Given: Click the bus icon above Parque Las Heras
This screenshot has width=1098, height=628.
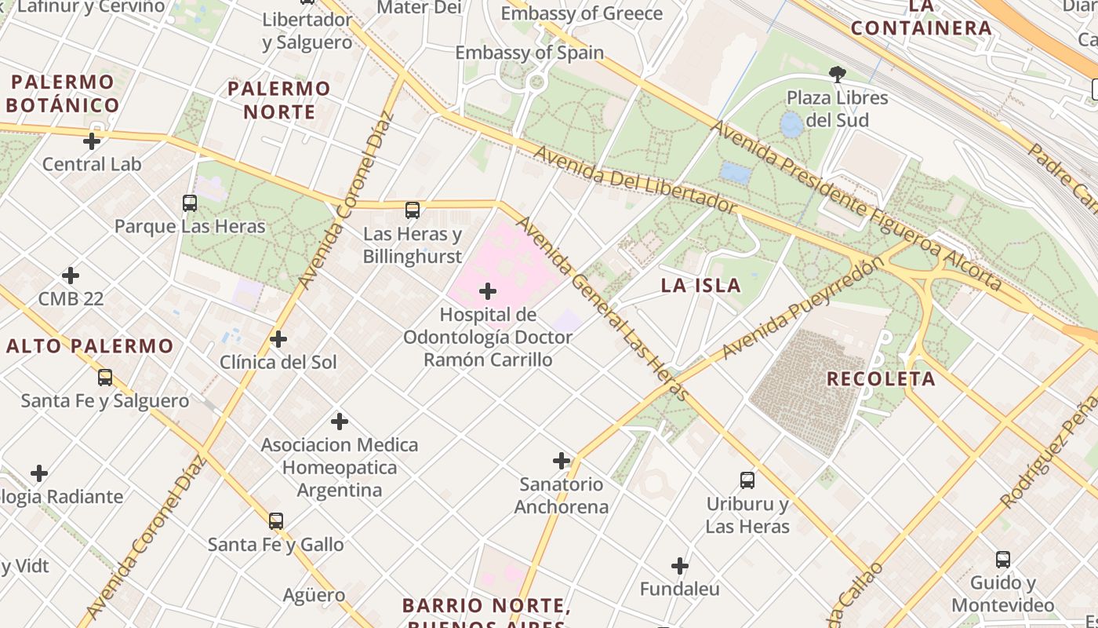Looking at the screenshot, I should pos(190,203).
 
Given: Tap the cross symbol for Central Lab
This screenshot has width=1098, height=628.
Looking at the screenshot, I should pos(92,141).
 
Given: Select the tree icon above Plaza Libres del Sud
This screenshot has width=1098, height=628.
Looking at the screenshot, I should pos(838,75).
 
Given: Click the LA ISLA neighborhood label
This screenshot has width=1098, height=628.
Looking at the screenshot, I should pos(700,285).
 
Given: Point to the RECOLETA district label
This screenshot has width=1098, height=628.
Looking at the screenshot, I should pos(881,378).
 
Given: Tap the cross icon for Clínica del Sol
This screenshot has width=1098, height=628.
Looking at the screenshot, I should pos(278,339).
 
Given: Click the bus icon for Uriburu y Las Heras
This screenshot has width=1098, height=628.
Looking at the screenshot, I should pos(747,480).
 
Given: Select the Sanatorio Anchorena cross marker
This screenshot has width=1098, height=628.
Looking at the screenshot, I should pos(562,461).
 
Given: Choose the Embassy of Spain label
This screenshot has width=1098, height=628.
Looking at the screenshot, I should pos(529,53).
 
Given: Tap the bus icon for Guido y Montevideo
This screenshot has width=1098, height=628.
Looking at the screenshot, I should pos(1003,560).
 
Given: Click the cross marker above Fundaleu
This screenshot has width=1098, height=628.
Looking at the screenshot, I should pos(680,565).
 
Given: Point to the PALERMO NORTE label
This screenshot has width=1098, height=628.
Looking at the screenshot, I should pos(278,100).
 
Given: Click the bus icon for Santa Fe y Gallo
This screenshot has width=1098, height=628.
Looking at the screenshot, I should pos(276,521).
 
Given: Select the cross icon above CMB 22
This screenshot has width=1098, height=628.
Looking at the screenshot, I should pos(71,276).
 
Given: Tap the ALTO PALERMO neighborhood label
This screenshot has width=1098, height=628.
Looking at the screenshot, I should pos(90,345).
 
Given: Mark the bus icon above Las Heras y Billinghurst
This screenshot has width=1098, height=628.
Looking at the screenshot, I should pos(413,210).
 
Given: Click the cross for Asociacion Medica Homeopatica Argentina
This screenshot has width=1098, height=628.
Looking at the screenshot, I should pos(340,422).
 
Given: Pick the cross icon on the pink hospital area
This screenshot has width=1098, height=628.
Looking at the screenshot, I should pos(488,291).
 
